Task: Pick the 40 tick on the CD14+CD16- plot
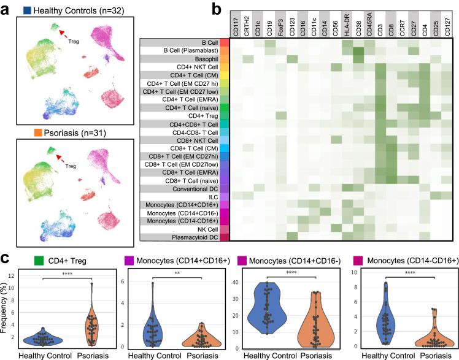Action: pos(239,283)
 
